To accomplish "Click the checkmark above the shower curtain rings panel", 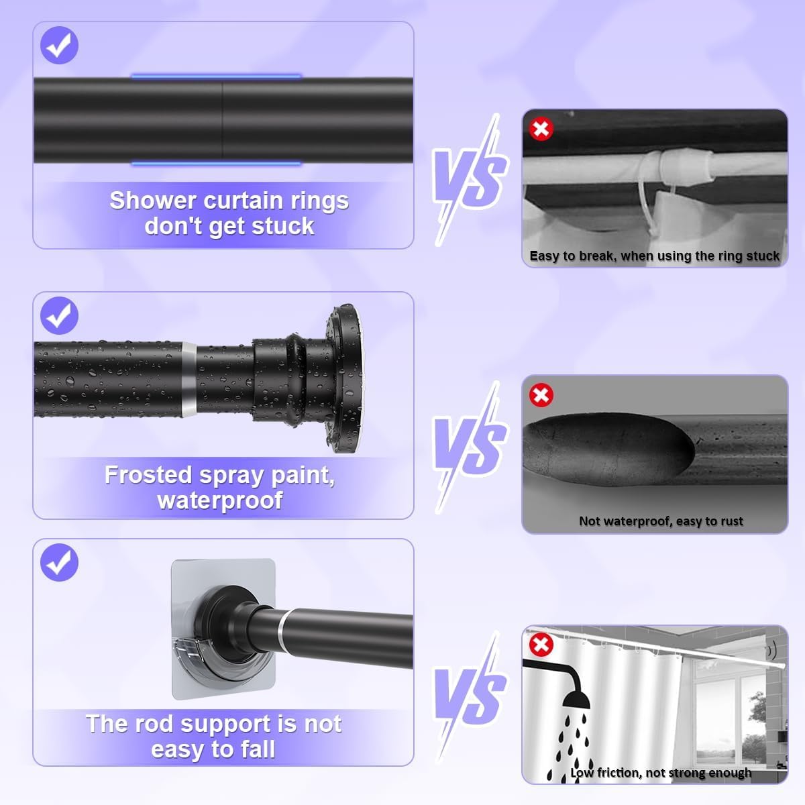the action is click(x=59, y=45).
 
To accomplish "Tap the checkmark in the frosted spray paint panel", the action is click(x=59, y=315).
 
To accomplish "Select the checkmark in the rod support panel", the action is click(x=59, y=562).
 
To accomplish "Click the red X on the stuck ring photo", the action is click(x=541, y=129).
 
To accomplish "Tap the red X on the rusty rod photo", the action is click(x=541, y=394).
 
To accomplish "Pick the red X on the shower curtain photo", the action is click(x=541, y=645).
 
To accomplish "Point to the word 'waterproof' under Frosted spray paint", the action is click(x=220, y=500).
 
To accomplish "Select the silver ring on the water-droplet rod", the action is click(x=189, y=380).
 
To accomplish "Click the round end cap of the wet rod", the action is click(x=345, y=378).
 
